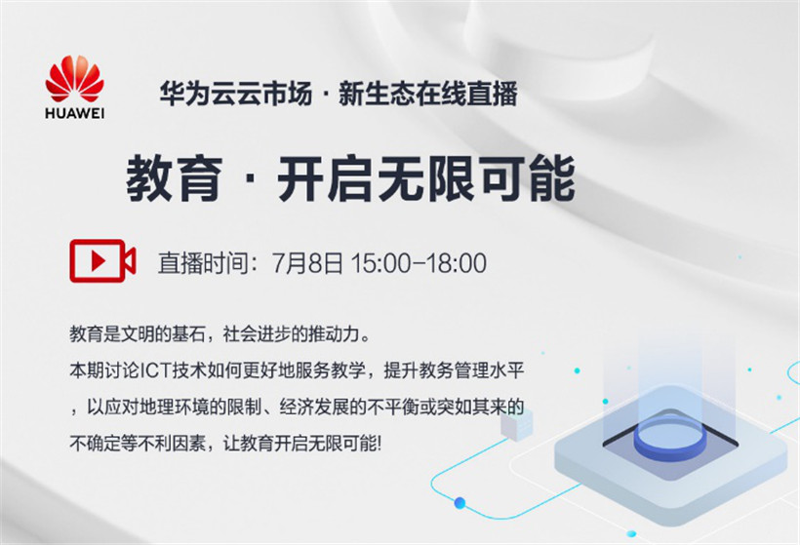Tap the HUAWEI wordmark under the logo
[x=74, y=113]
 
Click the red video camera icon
[x=102, y=260]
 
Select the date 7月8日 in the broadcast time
[x=307, y=263]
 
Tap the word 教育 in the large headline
[x=175, y=179]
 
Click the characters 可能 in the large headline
[x=529, y=179]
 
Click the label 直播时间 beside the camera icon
[x=203, y=263]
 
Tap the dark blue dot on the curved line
[x=460, y=503]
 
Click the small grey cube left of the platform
[x=517, y=423]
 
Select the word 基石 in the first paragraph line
[x=188, y=334]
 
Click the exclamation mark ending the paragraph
[x=379, y=444]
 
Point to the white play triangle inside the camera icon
[x=98, y=261]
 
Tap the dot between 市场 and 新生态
[x=326, y=95]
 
